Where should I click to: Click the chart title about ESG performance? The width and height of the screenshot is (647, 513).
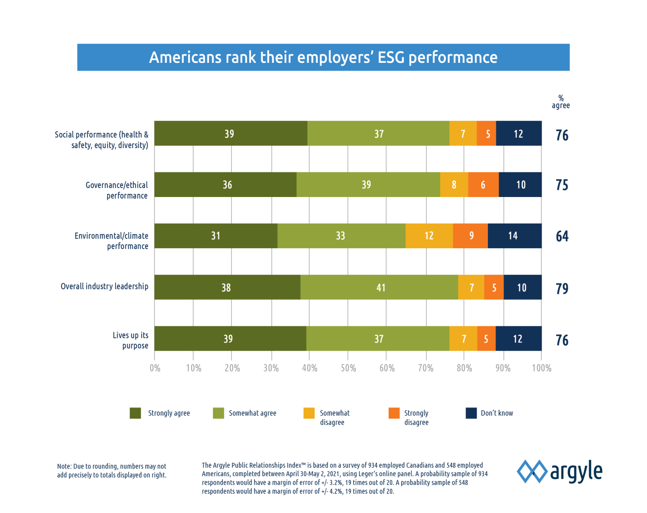coord(323,57)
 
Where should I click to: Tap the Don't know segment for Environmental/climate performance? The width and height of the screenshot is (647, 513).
coord(514,236)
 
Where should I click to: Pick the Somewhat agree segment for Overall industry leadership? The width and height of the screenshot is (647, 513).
coord(379,287)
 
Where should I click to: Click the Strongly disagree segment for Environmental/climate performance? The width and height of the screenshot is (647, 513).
coord(470,236)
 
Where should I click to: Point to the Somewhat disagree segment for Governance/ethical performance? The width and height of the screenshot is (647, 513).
coord(454,184)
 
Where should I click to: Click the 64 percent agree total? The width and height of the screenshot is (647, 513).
coord(562,236)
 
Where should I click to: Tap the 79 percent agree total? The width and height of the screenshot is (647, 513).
coord(562,288)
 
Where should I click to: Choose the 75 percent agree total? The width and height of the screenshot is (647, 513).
coord(562,185)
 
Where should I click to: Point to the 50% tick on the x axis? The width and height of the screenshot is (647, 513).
coord(348,368)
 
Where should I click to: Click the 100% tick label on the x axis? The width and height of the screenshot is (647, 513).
coord(541,368)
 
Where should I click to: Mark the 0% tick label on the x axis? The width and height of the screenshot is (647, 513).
coord(155,368)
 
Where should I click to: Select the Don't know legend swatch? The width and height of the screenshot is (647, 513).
coord(471,413)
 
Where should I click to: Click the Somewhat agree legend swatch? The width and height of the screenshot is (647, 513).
coord(218,413)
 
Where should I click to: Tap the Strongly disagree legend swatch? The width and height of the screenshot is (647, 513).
coord(394,413)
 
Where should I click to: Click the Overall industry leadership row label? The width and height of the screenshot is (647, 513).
coord(104,286)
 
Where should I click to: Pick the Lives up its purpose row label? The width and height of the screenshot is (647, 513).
coord(131,340)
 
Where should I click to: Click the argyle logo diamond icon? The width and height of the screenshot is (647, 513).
coord(532,471)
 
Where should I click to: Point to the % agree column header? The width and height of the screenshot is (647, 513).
coord(561,101)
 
